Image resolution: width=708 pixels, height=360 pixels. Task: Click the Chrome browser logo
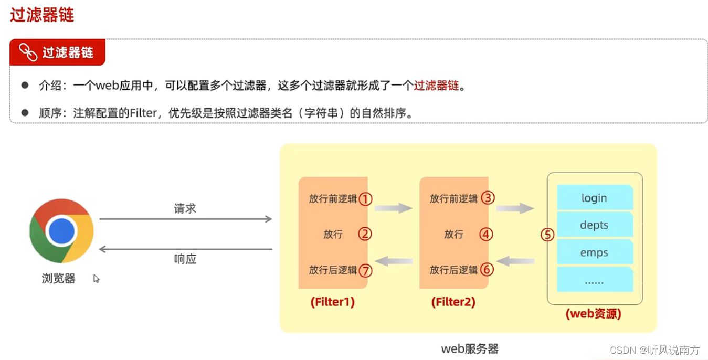tap(61, 231)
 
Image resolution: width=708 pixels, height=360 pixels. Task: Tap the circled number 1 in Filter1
tap(365, 199)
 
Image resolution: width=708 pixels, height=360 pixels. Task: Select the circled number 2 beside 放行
tap(365, 234)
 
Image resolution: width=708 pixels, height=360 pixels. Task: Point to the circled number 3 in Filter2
tap(488, 198)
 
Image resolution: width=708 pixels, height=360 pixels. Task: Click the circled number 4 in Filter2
tap(486, 234)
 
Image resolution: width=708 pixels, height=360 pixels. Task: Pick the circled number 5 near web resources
tap(547, 235)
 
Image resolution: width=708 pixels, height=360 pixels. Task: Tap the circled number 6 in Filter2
tap(488, 270)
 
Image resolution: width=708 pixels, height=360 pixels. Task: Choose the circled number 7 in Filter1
tap(365, 270)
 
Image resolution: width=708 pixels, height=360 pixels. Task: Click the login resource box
tap(594, 198)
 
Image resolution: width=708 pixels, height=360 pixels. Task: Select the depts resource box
tap(594, 225)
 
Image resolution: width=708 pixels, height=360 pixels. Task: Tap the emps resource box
tap(594, 252)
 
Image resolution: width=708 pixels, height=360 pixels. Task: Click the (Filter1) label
tap(333, 302)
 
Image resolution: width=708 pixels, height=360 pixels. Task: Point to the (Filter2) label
tap(453, 302)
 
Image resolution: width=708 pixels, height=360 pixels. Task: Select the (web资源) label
tap(594, 314)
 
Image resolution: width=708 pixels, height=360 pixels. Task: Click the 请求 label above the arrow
tap(185, 208)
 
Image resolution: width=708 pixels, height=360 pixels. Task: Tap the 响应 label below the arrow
tap(185, 259)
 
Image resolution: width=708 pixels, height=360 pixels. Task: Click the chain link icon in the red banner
tap(28, 52)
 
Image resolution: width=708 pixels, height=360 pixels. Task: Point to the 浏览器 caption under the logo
tap(58, 278)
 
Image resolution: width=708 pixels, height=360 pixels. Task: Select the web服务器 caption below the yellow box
tap(470, 348)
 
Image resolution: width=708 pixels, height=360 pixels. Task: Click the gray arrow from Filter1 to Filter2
tap(394, 208)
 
